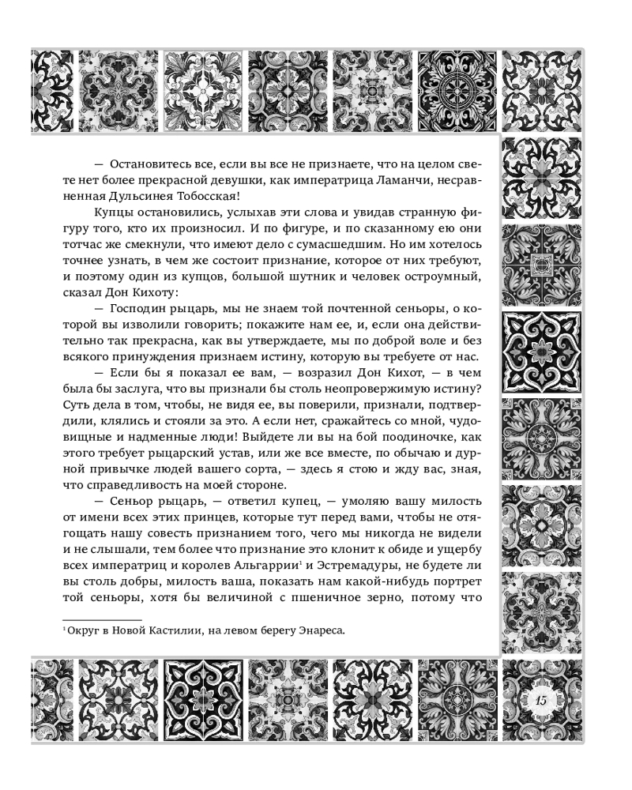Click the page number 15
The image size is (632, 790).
[541, 702]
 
